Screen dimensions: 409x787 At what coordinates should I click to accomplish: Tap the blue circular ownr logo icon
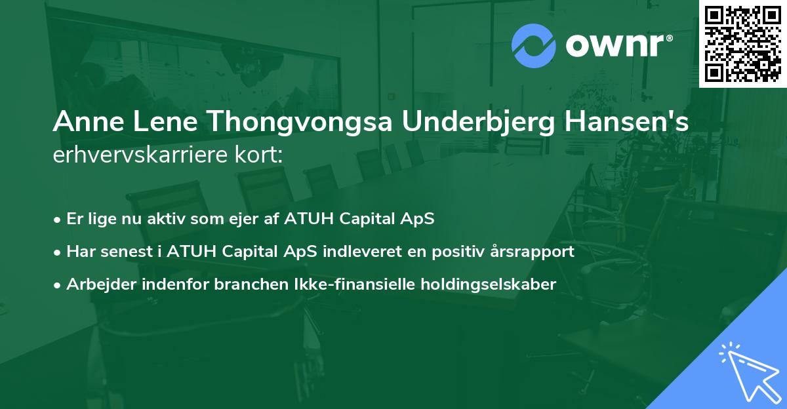pyautogui.click(x=533, y=46)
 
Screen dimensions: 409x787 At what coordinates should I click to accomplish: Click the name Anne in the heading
pyautogui.click(x=83, y=123)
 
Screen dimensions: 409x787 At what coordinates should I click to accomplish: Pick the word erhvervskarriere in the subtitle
pyautogui.click(x=137, y=156)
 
